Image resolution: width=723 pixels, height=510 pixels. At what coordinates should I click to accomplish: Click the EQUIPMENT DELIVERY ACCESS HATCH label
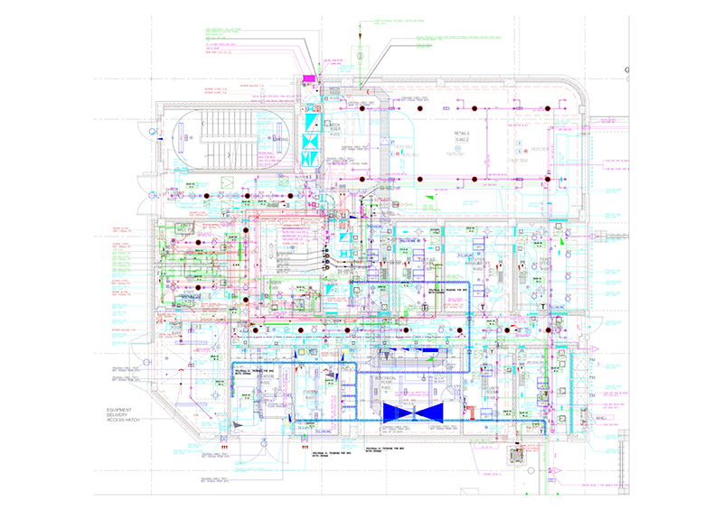coord(117,418)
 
